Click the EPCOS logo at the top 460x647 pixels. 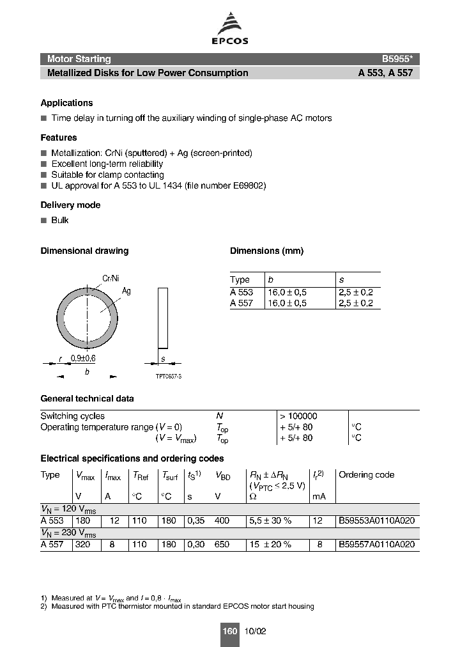click(x=230, y=30)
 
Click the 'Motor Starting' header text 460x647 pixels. click(x=79, y=59)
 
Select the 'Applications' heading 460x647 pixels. click(x=66, y=103)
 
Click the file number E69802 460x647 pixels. click(x=247, y=185)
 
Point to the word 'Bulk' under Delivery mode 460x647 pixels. click(x=60, y=220)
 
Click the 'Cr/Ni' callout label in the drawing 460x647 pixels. click(x=111, y=279)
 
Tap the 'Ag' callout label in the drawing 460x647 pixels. click(x=126, y=291)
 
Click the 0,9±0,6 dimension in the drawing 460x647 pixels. click(x=82, y=359)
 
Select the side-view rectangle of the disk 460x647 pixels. click(x=163, y=318)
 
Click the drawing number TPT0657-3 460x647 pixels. click(x=169, y=377)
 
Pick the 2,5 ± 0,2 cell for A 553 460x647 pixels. click(x=356, y=292)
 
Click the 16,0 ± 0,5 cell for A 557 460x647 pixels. click(x=287, y=304)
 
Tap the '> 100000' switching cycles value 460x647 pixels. click(x=298, y=416)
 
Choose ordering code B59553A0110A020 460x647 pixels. click(x=376, y=521)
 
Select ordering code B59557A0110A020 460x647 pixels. click(x=376, y=545)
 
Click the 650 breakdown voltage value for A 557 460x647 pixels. click(x=222, y=545)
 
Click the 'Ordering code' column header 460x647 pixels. click(x=366, y=475)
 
